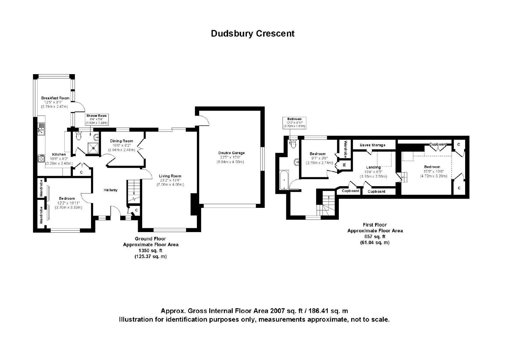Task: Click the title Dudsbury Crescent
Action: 253,34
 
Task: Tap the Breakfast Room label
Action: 55,98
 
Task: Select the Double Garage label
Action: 232,153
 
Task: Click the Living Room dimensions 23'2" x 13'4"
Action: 170,180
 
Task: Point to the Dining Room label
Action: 121,141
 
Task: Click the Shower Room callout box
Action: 97,119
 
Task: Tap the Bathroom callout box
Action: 294,123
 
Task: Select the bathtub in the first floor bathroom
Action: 284,180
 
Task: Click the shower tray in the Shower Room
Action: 93,148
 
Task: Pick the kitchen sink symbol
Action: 41,129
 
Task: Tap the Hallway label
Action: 110,190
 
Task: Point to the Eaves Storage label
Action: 373,145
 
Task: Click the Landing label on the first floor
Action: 373,167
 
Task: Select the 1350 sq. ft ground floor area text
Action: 150,251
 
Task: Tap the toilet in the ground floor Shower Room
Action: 78,136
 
